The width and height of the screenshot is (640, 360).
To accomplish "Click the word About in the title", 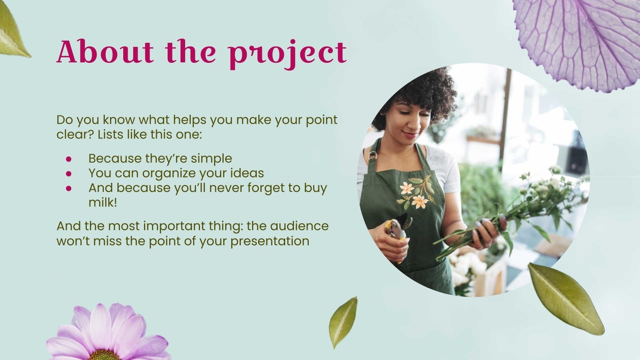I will coord(105,52).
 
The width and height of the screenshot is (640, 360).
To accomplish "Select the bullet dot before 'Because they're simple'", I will coord(69,159).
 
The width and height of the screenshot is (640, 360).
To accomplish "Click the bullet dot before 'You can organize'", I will coord(69,174).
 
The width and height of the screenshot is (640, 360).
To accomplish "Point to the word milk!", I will coord(103,202).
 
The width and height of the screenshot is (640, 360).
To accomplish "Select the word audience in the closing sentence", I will coord(299,226).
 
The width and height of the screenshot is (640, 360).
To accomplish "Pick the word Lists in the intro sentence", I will coord(110,134).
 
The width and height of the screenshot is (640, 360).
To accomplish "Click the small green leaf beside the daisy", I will coord(343,322).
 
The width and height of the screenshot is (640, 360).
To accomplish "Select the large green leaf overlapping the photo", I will coord(566,298).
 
